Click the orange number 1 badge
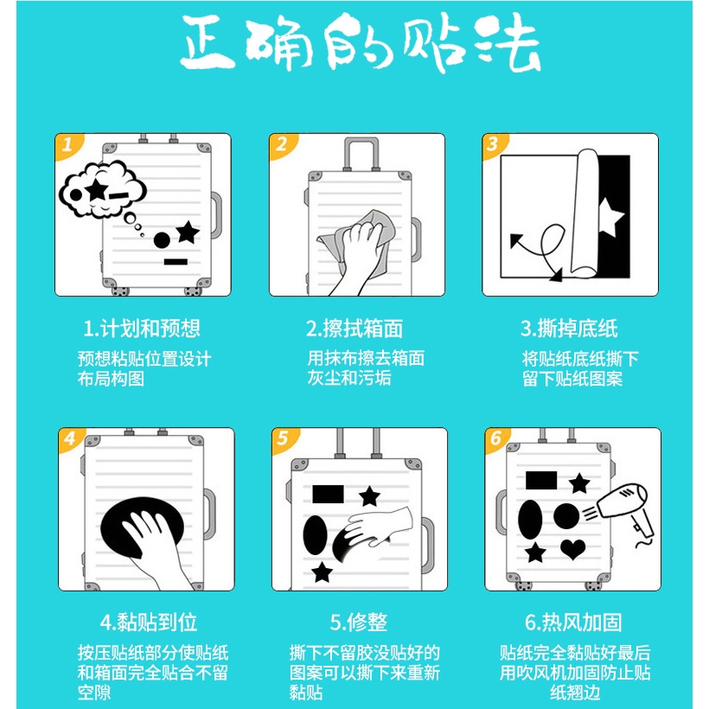click(x=67, y=145)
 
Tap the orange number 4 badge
click(x=71, y=438)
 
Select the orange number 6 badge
click(x=496, y=438)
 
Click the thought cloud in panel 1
click(x=102, y=189)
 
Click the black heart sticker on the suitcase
click(x=572, y=549)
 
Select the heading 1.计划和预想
click(x=142, y=329)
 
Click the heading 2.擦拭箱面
click(x=354, y=329)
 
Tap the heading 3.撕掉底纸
click(x=569, y=329)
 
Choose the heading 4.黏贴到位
click(x=149, y=623)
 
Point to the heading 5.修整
click(x=359, y=623)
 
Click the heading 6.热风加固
click(x=573, y=623)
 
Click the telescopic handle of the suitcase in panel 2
click(x=361, y=154)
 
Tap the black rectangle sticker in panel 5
click(x=328, y=495)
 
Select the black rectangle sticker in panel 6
click(x=541, y=480)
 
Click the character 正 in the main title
click(x=209, y=43)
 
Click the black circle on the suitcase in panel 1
click(x=162, y=240)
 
